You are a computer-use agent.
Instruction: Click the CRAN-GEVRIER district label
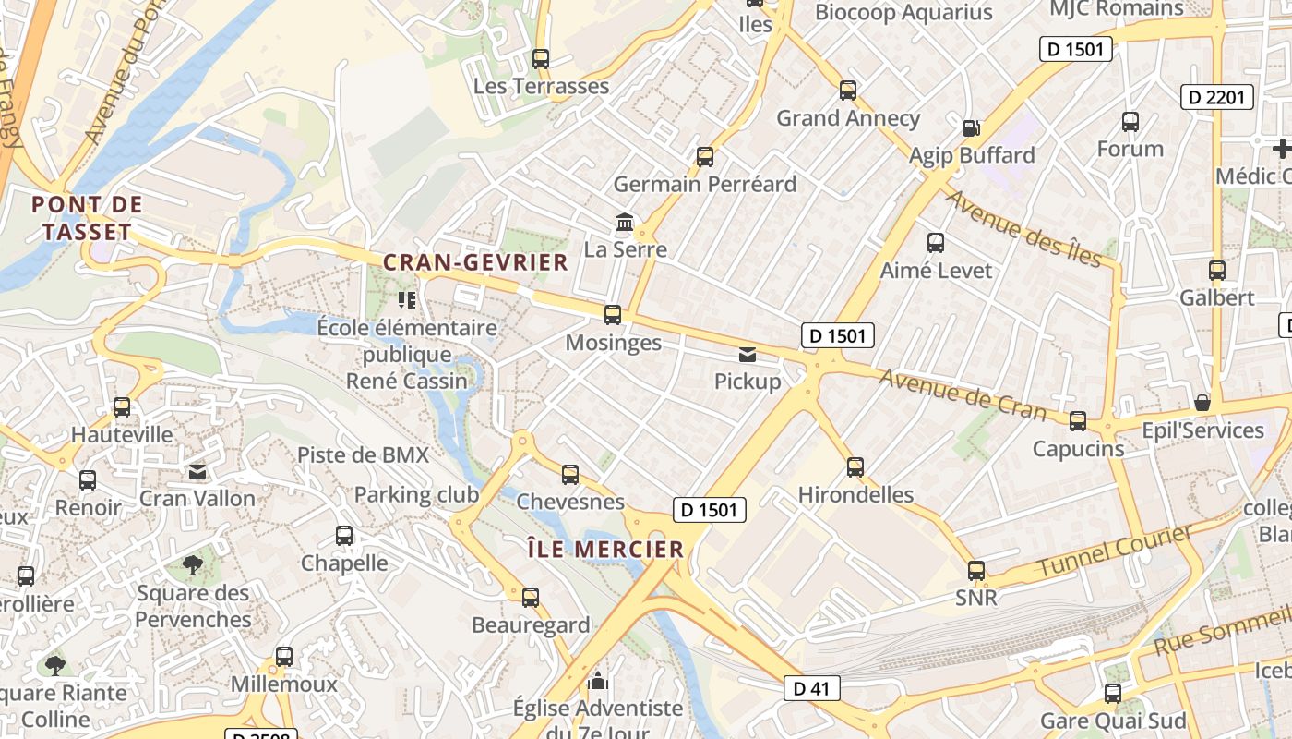[x=475, y=262]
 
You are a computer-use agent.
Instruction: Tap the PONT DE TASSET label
[x=88, y=218]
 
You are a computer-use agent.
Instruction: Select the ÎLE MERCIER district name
[x=605, y=550]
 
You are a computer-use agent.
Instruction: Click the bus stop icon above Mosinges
[x=613, y=315]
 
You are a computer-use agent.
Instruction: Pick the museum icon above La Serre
[x=625, y=223]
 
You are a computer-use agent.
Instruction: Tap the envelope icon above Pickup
[x=747, y=354]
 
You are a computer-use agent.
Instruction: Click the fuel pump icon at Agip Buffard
[x=971, y=127]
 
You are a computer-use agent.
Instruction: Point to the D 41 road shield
[x=812, y=687]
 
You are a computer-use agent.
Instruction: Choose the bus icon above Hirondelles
[x=855, y=466]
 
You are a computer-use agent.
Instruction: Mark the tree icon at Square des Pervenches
[x=193, y=564]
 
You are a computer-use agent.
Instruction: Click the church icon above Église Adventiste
[x=599, y=682]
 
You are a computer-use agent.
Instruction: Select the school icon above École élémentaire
[x=406, y=299]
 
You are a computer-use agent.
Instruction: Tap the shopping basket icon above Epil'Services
[x=1202, y=403]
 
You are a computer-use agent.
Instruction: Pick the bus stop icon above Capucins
[x=1078, y=421]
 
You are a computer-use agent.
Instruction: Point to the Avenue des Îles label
[x=1023, y=228]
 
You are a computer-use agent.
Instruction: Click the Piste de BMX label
[x=363, y=454]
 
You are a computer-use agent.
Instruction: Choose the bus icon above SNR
[x=976, y=570]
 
